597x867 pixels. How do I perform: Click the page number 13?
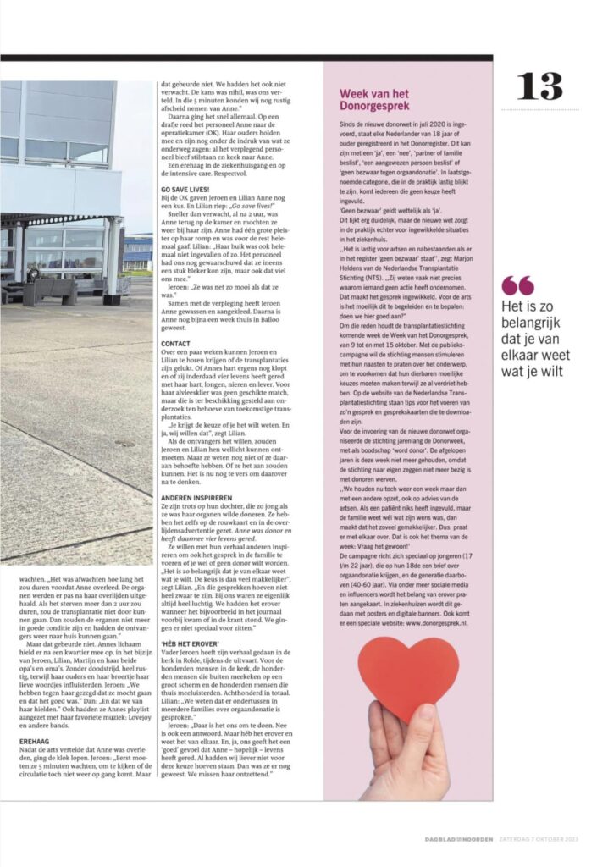[x=539, y=86]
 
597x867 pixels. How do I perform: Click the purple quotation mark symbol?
[x=517, y=284]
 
